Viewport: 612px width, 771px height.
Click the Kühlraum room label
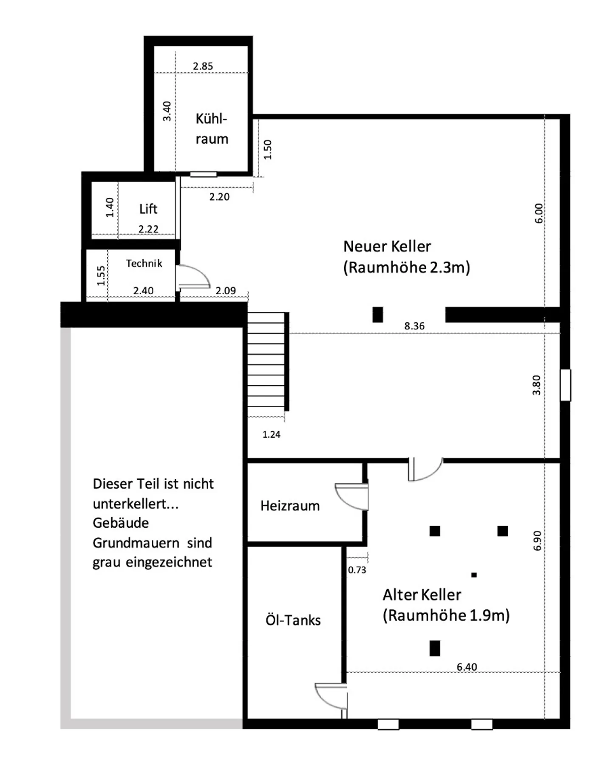(x=212, y=128)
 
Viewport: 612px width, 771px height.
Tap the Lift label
(x=148, y=209)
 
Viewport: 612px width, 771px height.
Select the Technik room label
(x=144, y=263)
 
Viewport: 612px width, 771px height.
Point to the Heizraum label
(x=290, y=506)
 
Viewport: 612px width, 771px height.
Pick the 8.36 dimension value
(x=414, y=326)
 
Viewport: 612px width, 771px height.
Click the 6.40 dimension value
(x=467, y=667)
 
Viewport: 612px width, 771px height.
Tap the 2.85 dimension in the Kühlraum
(x=203, y=66)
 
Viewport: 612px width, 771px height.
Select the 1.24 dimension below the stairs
(x=271, y=434)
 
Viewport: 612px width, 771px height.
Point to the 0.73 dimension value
(x=357, y=570)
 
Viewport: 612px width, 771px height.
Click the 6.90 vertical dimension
(x=537, y=541)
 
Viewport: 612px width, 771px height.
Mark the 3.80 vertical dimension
(x=536, y=385)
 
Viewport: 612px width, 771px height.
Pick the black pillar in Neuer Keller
(x=377, y=315)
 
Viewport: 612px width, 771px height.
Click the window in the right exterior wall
(x=565, y=385)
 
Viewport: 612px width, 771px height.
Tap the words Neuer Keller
(x=387, y=246)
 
